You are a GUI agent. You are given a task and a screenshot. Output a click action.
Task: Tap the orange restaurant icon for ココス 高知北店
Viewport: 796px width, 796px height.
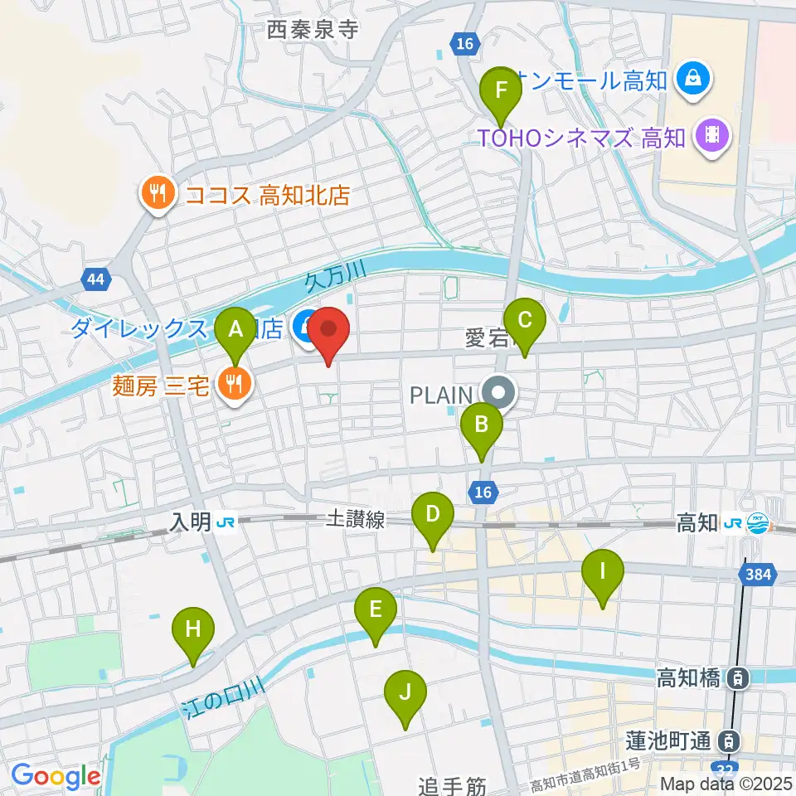click(x=156, y=194)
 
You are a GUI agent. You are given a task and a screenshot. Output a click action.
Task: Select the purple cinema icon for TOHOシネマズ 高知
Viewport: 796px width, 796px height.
click(x=711, y=133)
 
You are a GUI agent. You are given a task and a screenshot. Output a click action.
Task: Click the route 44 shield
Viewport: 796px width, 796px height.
click(x=95, y=279)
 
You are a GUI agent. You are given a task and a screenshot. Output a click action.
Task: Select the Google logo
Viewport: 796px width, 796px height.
click(x=56, y=777)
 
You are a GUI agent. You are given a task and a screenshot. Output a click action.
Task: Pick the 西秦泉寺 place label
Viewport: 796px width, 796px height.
click(x=313, y=31)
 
